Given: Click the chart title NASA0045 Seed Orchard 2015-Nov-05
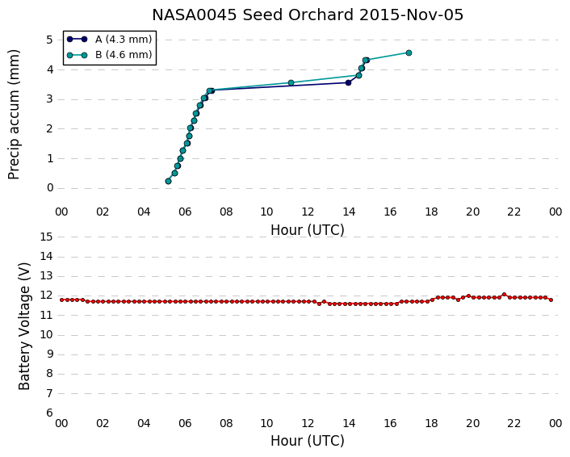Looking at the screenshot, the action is coord(308,15).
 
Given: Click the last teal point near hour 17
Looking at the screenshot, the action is coord(409,53).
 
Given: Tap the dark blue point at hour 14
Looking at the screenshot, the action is coord(348,83).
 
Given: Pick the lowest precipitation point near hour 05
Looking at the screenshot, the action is coord(168,181).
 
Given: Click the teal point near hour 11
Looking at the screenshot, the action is coord(291,83).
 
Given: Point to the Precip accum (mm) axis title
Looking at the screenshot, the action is coord(14,115).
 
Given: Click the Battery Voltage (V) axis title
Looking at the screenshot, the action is coord(24,326).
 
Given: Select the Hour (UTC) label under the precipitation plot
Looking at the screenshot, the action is coord(307,230).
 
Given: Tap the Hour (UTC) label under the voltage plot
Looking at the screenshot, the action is coord(307,441).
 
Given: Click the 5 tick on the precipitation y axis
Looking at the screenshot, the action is coord(50,40).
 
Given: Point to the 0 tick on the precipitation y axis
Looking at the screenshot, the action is coord(50,188).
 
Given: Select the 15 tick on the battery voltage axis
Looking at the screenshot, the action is coord(47,237).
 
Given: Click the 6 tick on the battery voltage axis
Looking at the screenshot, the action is coord(50,413).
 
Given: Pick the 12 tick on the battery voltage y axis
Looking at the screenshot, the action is coord(47,296).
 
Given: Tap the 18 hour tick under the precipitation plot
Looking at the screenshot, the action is coord(431,212).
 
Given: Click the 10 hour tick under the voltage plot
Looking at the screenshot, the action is coord(266,424).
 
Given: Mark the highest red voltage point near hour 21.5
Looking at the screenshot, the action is coord(505,295).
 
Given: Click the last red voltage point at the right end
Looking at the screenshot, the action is coord(551,300).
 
